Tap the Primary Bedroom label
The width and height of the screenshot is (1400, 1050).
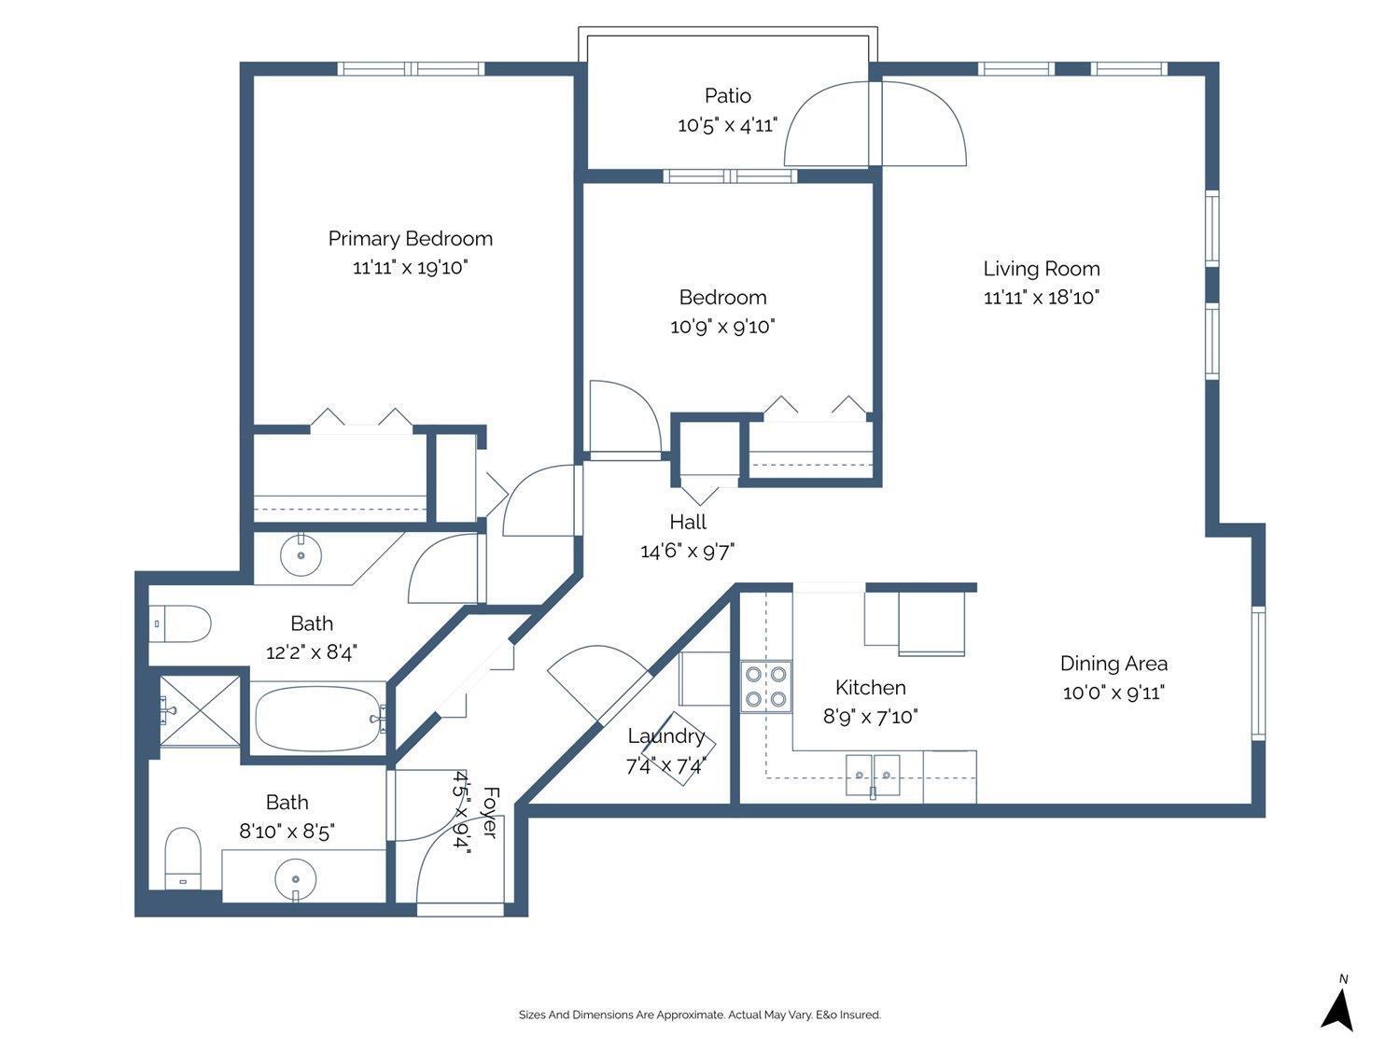click(x=410, y=239)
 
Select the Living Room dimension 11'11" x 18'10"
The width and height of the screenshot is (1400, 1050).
click(x=1042, y=298)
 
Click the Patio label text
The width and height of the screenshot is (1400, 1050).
click(x=727, y=95)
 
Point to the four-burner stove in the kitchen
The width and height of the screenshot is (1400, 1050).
click(x=766, y=686)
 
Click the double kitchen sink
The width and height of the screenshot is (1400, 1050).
click(x=873, y=775)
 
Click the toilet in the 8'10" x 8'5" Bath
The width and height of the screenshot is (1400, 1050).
click(x=183, y=857)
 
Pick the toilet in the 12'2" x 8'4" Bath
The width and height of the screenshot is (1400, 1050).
click(x=181, y=623)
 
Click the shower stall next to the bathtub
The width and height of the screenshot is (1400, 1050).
click(x=199, y=710)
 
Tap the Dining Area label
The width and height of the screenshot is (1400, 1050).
click(x=1113, y=664)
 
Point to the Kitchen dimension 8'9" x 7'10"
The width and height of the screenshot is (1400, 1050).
click(x=870, y=717)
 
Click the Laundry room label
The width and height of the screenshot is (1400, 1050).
click(x=665, y=736)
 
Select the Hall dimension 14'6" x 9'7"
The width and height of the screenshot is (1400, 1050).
click(x=687, y=552)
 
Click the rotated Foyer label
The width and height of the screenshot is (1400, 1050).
click(x=490, y=812)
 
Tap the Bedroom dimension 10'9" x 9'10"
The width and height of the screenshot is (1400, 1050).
click(x=722, y=327)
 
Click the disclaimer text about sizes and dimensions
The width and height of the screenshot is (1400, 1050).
click(x=699, y=1015)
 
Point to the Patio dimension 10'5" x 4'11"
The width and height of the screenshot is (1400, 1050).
click(x=727, y=125)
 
